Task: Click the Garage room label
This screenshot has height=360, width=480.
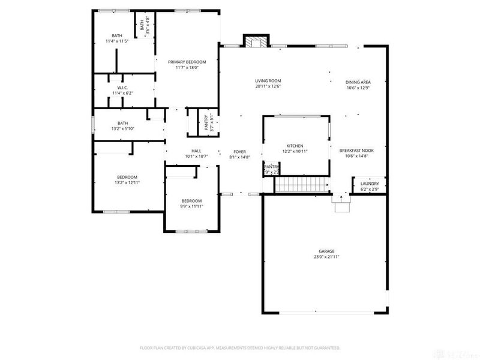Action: click(326, 251)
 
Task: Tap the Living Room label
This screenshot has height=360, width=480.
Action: click(268, 80)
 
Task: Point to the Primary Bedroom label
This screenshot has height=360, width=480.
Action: click(187, 62)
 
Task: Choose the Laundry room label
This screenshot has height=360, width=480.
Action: click(370, 184)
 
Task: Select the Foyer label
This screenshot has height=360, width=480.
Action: click(239, 151)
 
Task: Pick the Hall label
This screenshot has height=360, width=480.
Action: click(196, 151)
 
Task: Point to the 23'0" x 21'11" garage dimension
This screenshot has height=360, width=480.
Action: click(326, 257)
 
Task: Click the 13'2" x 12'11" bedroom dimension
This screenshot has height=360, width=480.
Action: click(127, 182)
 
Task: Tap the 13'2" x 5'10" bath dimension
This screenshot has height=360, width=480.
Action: click(122, 128)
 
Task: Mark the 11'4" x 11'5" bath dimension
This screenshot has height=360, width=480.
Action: click(116, 41)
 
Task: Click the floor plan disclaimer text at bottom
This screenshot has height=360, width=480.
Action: click(240, 347)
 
